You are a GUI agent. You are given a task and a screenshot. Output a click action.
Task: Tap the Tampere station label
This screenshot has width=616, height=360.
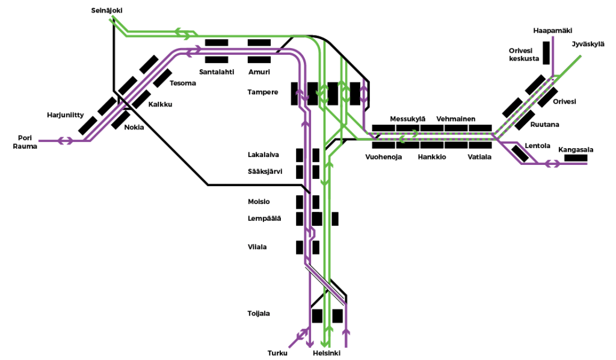(262, 92)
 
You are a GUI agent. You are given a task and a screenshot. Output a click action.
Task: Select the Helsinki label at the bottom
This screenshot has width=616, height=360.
(327, 353)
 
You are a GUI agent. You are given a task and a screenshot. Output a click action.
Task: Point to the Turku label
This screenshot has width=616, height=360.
(277, 353)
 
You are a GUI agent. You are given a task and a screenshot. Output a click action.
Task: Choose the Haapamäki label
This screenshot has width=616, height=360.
(552, 29)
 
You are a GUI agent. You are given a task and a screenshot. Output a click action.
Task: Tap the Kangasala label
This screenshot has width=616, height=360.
(576, 149)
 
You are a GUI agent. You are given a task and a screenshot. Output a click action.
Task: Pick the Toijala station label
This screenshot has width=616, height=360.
(259, 314)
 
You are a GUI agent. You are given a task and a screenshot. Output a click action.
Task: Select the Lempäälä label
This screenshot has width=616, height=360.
(264, 218)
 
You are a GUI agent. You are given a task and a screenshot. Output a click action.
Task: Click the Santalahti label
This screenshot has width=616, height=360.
(216, 72)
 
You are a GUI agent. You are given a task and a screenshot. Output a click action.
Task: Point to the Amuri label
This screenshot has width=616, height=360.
(259, 72)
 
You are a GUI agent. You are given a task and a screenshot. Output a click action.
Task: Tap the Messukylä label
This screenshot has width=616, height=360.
(408, 119)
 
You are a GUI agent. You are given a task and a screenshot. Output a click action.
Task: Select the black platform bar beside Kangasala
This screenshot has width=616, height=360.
(576, 158)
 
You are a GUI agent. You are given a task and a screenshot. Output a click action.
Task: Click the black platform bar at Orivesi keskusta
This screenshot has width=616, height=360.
(547, 52)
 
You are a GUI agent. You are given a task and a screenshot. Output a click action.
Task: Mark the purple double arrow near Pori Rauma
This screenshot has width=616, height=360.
(65, 141)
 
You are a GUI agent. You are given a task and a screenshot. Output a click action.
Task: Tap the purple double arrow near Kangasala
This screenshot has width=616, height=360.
(551, 163)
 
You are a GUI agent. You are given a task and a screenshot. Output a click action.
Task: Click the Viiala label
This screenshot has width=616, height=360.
(257, 247)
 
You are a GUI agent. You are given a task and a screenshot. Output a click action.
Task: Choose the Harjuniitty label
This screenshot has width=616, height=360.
(66, 114)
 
